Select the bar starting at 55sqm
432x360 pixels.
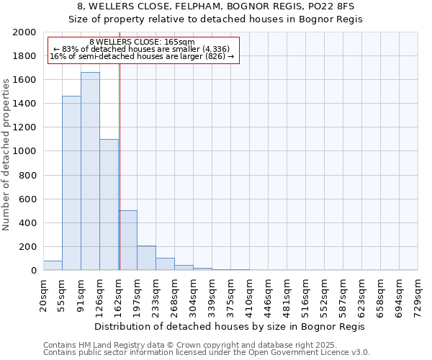tap(71, 183)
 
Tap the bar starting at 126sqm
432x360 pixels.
tap(109, 204)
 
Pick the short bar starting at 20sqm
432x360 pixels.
tap(53, 266)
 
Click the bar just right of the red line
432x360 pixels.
tap(128, 240)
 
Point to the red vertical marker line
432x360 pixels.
tap(120, 166)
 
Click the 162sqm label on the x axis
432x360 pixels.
tap(120, 294)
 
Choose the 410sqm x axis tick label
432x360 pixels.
tap(250, 294)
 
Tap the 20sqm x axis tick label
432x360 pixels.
tap(44, 294)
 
